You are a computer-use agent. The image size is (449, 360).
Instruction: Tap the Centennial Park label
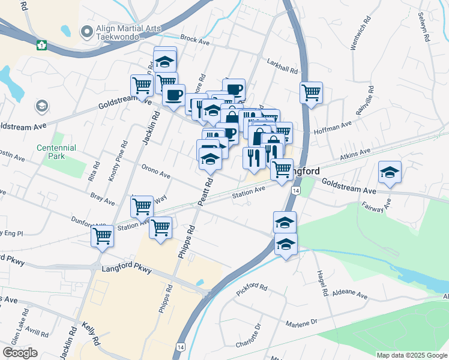click(56, 151)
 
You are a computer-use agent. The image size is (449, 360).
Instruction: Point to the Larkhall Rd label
click(282, 65)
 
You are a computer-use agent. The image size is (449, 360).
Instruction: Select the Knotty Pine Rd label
click(118, 161)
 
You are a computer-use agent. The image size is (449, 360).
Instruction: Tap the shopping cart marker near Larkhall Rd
click(311, 92)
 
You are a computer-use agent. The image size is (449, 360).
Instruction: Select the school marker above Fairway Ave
click(390, 172)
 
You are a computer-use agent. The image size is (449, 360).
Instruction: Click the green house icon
click(41, 45)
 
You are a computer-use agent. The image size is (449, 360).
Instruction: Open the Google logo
click(20, 353)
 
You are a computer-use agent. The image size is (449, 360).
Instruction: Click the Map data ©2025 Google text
click(411, 355)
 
